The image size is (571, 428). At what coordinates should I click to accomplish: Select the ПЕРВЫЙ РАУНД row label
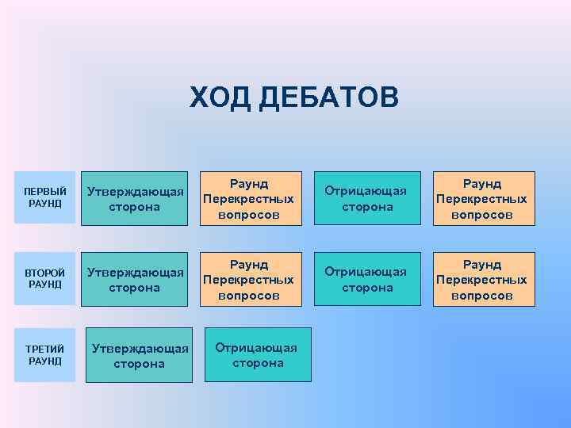tap(45, 198)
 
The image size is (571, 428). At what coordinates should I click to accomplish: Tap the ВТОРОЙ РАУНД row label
tap(45, 279)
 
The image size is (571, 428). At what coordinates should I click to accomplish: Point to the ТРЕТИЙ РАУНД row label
tap(45, 355)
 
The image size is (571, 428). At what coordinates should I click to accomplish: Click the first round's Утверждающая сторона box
tap(136, 199)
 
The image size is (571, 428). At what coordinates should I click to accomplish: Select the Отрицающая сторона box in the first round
tap(367, 199)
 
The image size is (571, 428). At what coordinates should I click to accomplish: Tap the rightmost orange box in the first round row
tap(482, 199)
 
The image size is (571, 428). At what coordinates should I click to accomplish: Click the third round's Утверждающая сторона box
tap(139, 356)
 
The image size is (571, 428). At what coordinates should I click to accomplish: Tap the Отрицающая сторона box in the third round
tap(258, 355)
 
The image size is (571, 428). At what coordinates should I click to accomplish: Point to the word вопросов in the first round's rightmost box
tap(482, 215)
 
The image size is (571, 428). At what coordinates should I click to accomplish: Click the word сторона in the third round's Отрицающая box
tap(258, 363)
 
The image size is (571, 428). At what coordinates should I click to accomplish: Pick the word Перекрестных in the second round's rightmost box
tap(482, 280)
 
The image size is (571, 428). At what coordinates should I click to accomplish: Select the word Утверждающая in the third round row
tap(140, 348)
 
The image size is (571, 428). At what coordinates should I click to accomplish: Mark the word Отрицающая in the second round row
tap(367, 272)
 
